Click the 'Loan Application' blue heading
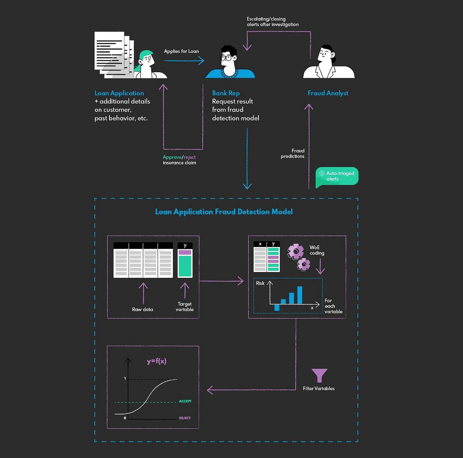(119, 93)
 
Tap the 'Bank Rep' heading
(226, 93)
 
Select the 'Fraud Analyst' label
(328, 93)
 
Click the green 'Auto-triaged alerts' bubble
(337, 176)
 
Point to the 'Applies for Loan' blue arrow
(184, 61)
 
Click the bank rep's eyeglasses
(226, 58)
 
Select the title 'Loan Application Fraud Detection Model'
(224, 211)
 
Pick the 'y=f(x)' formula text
(157, 362)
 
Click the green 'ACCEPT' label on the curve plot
(185, 401)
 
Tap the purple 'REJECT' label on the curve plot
(185, 418)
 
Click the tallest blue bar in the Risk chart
(300, 295)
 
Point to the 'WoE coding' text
(317, 250)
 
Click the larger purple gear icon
(296, 252)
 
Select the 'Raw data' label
(142, 309)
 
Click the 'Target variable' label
(184, 307)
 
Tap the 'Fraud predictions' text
(292, 154)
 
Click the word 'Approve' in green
(172, 157)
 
